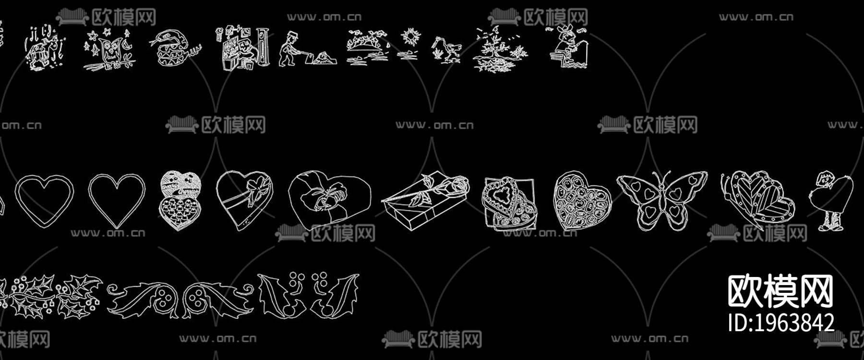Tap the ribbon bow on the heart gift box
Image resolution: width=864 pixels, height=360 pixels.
(x=254, y=188)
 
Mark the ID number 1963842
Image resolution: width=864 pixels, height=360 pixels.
(x=781, y=322)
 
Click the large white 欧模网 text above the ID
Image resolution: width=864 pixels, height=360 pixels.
(x=780, y=291)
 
